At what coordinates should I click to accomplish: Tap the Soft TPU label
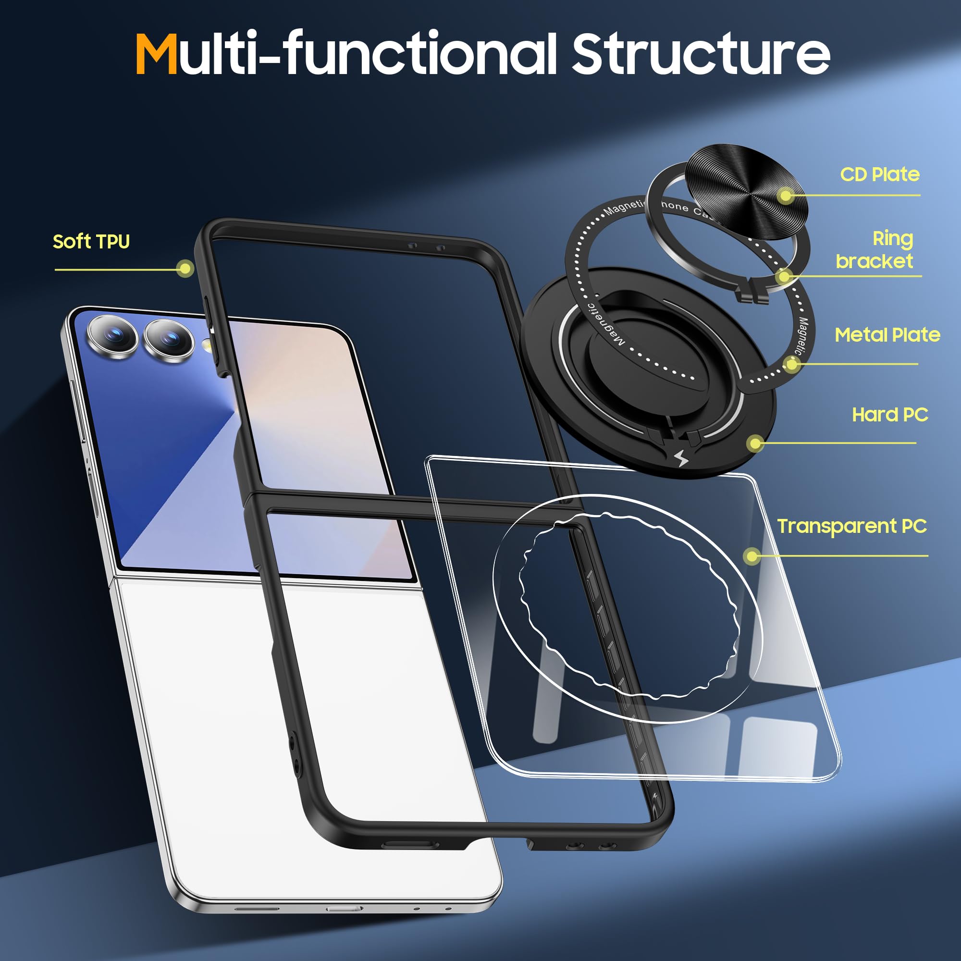[91, 242]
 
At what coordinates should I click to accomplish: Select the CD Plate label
[879, 174]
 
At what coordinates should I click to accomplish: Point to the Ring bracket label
[875, 250]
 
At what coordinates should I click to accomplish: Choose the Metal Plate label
[887, 335]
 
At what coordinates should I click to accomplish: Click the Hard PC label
[890, 414]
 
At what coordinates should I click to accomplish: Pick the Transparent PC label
[851, 526]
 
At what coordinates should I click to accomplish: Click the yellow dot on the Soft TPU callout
[185, 269]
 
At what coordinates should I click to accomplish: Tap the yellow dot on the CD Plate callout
[786, 196]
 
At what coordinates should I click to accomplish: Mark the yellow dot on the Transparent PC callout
[752, 555]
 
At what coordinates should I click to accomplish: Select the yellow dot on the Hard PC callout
[755, 443]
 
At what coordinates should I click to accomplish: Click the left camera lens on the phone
[112, 336]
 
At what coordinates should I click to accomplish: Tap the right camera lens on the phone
[169, 339]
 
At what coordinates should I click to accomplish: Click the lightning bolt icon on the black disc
[681, 458]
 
